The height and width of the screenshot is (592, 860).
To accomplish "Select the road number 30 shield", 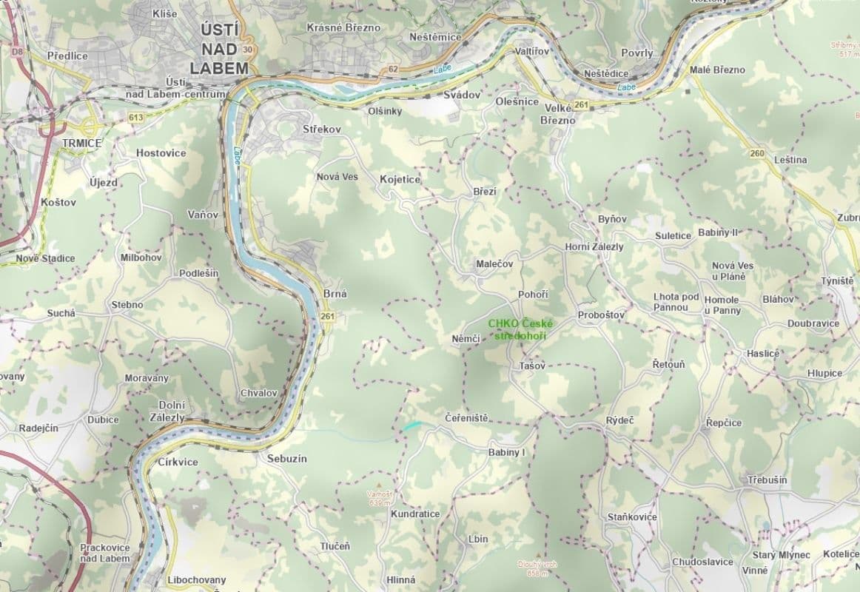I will click(x=247, y=50).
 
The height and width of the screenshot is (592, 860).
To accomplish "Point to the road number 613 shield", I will click(x=135, y=117).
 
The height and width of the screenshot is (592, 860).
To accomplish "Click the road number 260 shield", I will click(x=756, y=153).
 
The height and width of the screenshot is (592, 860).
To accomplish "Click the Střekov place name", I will click(x=322, y=129).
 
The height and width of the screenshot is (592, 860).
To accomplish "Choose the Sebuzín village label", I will click(x=287, y=459).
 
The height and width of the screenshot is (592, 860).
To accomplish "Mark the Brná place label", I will click(x=335, y=294).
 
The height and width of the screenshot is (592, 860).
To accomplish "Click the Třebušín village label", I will click(x=767, y=480).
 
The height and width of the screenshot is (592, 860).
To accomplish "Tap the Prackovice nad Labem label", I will click(x=104, y=553).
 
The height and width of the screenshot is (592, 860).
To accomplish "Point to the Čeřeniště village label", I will click(x=466, y=418).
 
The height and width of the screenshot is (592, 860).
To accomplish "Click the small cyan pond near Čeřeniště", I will click(x=412, y=425).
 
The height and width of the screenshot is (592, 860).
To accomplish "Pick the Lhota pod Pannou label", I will click(x=676, y=302).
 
